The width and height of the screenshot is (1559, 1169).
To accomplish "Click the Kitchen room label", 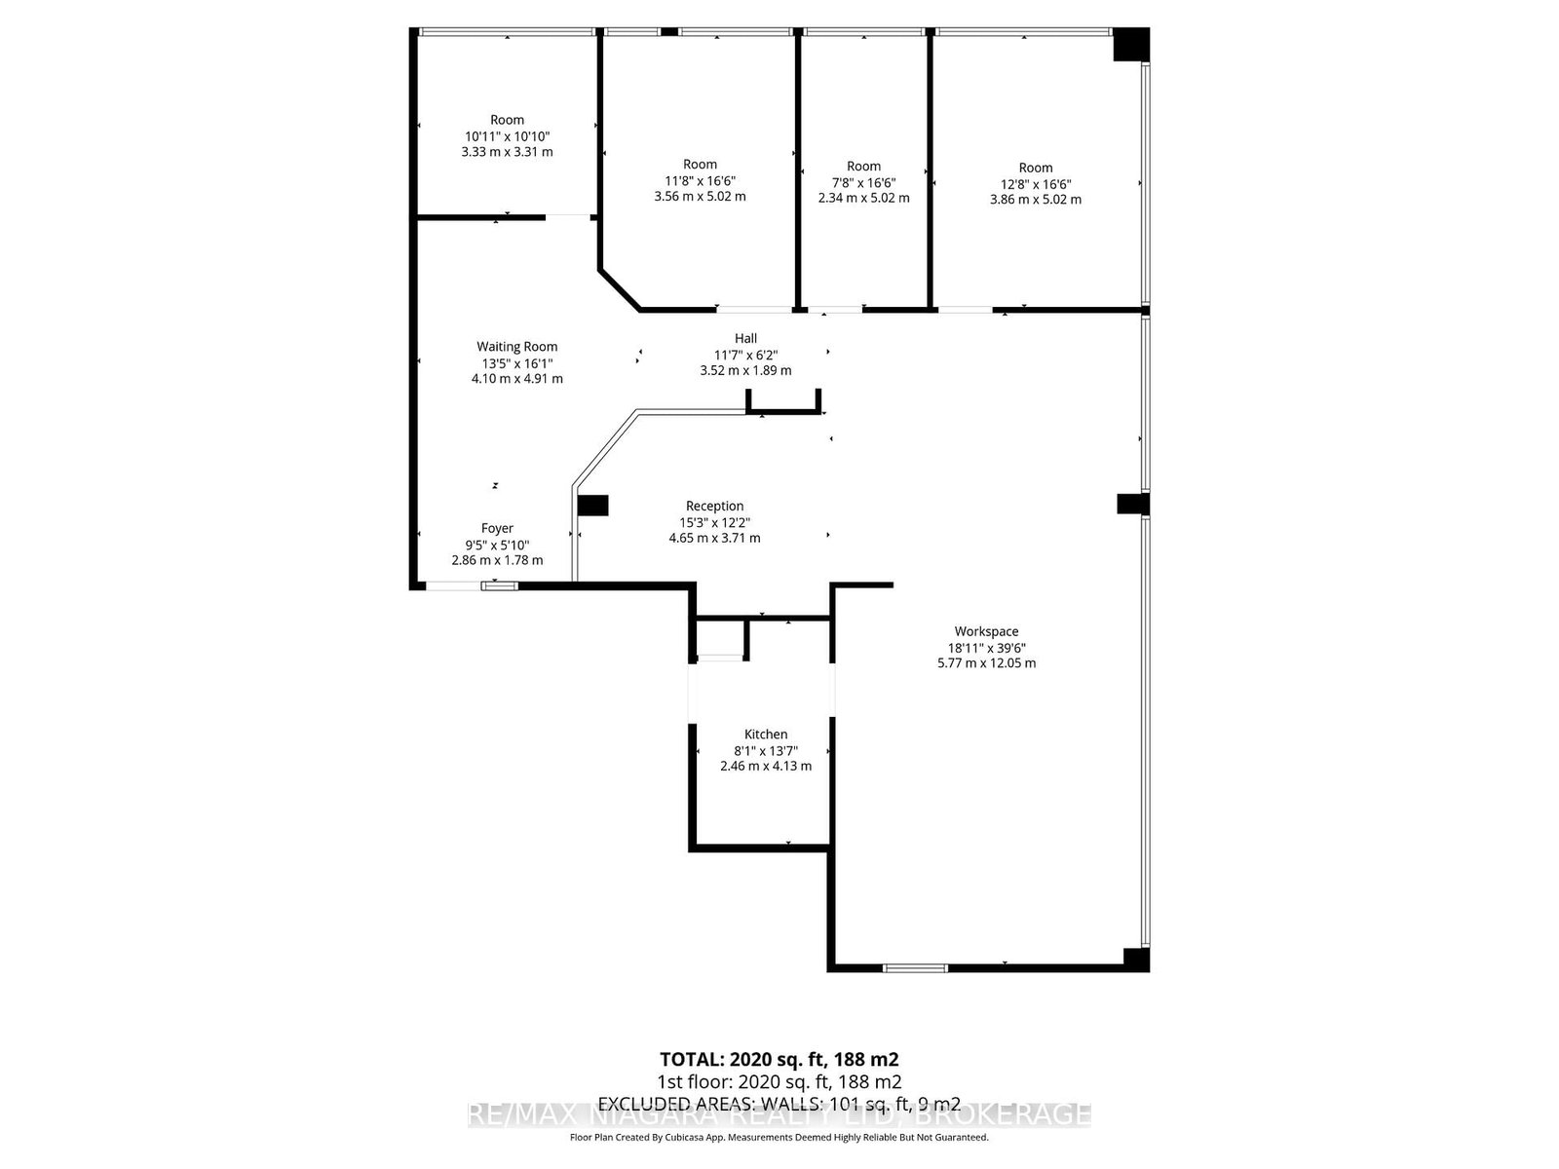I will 766,735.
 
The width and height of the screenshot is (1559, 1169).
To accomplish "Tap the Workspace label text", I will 986,631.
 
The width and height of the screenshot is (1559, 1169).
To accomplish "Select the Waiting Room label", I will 516,346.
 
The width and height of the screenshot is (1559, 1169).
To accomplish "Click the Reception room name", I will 714,506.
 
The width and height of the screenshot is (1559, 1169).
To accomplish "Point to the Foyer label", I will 497,528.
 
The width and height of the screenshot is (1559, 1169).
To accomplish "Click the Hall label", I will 745,338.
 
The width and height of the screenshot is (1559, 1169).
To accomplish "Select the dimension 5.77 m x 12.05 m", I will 986,663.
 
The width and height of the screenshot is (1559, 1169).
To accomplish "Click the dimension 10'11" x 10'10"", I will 507,136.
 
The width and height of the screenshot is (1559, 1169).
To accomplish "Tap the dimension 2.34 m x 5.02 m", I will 863,198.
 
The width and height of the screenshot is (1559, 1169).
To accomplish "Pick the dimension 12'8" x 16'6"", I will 1036,183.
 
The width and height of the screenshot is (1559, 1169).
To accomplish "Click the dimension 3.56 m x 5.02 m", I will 700,196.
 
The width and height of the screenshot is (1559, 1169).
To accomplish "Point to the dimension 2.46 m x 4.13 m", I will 766,766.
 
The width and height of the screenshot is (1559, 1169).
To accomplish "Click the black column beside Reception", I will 592,506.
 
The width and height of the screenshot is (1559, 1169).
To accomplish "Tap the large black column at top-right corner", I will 1131,45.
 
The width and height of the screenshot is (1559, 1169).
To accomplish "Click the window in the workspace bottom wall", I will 915,968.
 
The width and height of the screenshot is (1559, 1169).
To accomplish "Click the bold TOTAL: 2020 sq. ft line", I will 779,1059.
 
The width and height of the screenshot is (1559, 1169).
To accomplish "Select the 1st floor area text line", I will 779,1082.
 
